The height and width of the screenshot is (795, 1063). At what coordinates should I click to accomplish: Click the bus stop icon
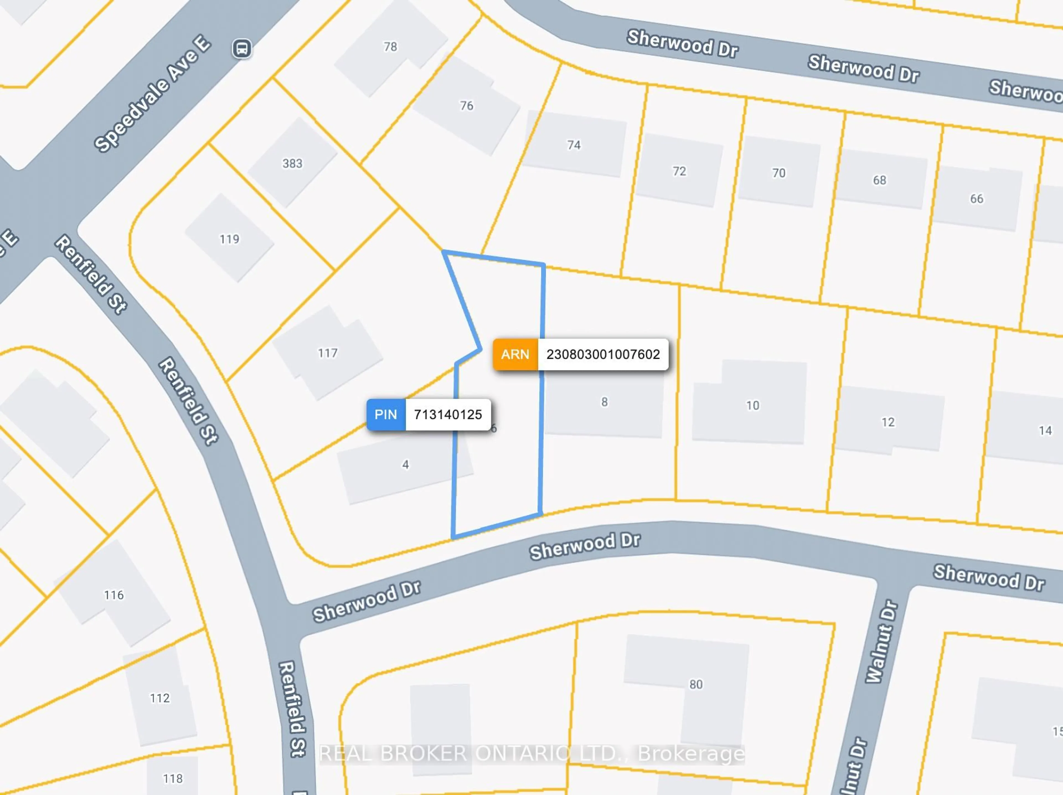coord(242,48)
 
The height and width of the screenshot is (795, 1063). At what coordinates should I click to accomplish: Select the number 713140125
coord(447,414)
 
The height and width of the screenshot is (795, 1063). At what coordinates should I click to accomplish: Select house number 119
coord(229,239)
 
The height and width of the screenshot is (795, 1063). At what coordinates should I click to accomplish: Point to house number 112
coord(159,698)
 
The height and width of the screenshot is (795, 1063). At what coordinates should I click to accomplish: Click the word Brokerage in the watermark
coord(691,754)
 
